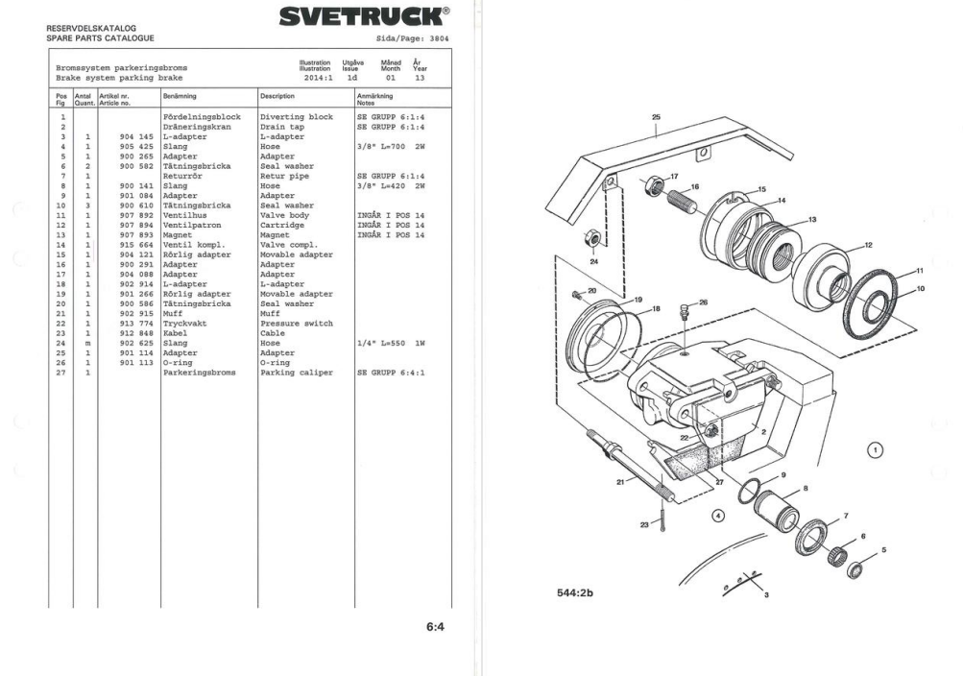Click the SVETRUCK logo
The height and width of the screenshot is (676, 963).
[x=362, y=16]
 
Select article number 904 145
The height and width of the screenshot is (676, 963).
[x=136, y=136]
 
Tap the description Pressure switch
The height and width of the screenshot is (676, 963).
[x=296, y=324]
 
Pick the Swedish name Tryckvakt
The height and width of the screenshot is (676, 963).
[x=183, y=324]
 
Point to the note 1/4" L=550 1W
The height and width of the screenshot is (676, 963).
[x=391, y=342]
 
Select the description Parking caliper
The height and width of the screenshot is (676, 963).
[x=297, y=373]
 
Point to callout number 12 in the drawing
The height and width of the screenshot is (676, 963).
[x=868, y=245]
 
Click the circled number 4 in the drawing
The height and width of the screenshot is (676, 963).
[x=717, y=515]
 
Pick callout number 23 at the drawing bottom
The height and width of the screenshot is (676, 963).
[x=643, y=525]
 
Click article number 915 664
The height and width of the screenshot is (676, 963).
[x=136, y=245]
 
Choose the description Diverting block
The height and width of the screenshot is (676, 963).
[x=296, y=116]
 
